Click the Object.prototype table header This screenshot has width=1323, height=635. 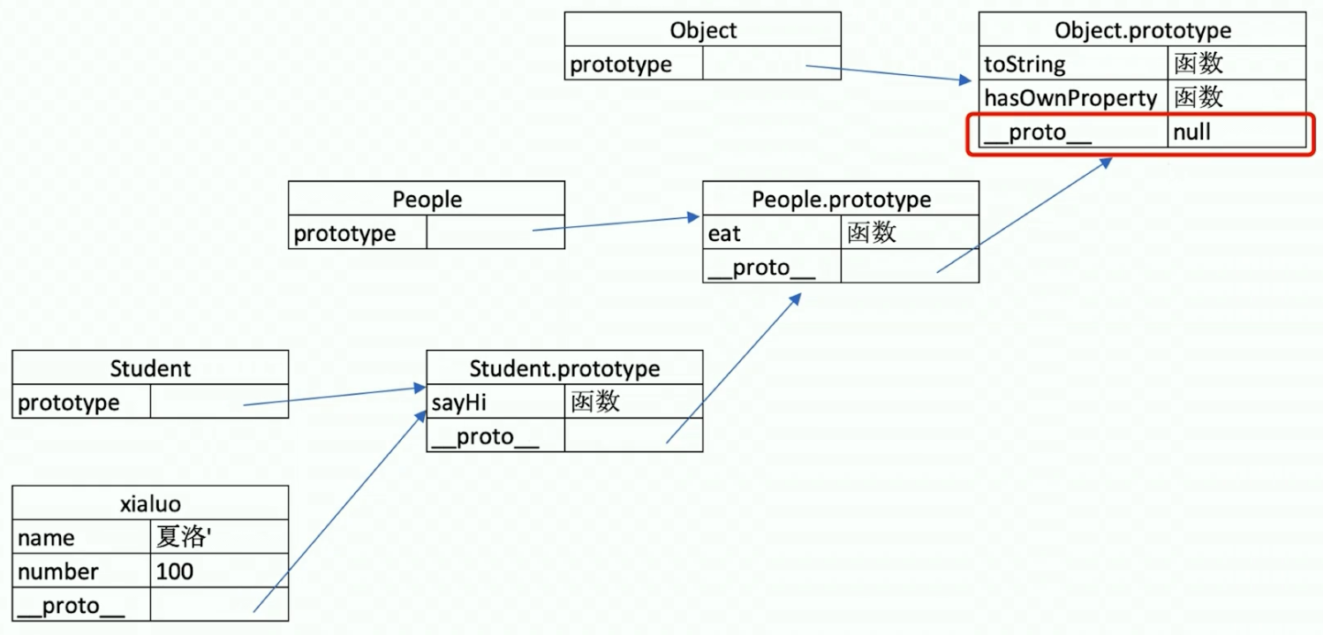coord(1142,30)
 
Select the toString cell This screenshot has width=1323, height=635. coord(1072,64)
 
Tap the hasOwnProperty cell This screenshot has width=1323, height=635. coord(1072,97)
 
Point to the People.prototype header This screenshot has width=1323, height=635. coord(841,199)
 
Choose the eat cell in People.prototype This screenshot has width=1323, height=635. coord(772,233)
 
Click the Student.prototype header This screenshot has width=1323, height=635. coord(564,367)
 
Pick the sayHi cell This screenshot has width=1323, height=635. coord(495,402)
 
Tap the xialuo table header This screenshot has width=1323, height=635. coord(150,503)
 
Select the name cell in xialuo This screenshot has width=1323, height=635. coord(81,538)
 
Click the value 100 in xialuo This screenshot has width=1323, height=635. coord(218,571)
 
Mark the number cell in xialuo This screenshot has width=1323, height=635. coord(81,571)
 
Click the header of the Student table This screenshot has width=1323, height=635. coord(150,367)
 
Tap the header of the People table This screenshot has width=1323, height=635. coord(427,199)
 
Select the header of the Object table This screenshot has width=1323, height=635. coord(703,30)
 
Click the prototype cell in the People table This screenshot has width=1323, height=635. coord(358,233)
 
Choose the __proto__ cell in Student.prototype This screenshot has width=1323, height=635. coord(495,435)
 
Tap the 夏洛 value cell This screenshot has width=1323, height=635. coord(218,538)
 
